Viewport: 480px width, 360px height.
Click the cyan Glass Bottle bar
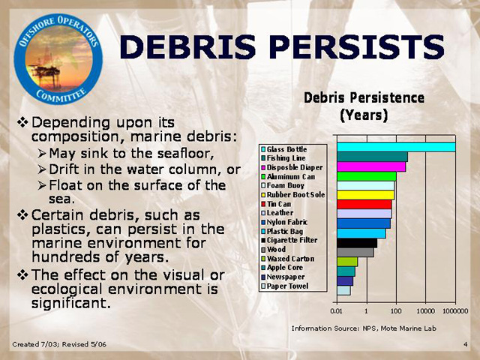pos(396,147)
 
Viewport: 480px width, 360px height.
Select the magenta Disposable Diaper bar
pos(371,166)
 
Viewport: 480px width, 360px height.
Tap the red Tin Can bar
pos(364,204)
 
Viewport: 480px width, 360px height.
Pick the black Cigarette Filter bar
pos(357,243)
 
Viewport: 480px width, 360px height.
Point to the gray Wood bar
pos(355,252)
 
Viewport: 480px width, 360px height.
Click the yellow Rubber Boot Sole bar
pos(365,195)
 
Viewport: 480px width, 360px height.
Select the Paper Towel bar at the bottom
pos(343,290)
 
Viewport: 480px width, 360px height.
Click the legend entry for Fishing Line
pos(283,158)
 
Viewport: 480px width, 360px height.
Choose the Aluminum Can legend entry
pos(288,177)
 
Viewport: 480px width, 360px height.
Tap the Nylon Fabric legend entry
pos(284,222)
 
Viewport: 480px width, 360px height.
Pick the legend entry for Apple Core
pos(282,268)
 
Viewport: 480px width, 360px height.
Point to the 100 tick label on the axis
pos(396,311)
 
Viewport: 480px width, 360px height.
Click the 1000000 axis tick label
pos(455,311)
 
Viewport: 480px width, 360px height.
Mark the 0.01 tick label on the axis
pos(337,311)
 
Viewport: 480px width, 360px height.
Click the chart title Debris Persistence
pos(364,98)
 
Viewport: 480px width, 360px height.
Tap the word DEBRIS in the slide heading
pos(187,46)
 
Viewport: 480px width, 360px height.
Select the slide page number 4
pos(465,344)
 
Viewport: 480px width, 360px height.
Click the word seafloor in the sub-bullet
pos(185,153)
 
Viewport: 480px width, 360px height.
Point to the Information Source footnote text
pos(364,328)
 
